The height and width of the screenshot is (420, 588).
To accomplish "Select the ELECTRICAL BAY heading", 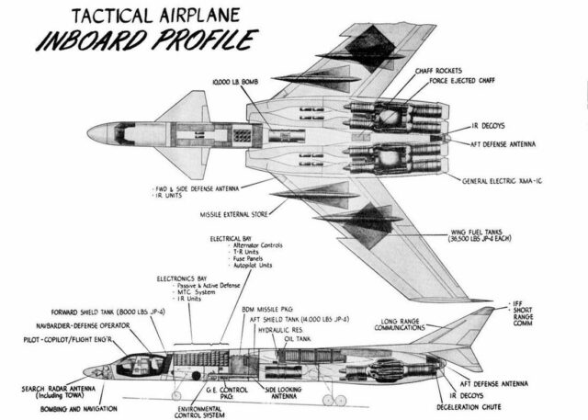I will coord(232,238).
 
